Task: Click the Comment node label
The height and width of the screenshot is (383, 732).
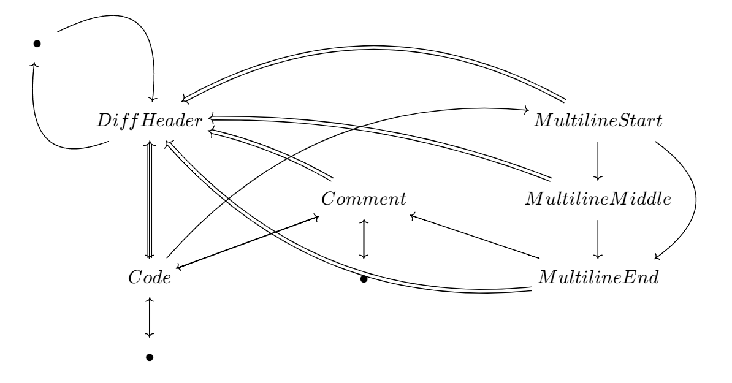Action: [x=364, y=199]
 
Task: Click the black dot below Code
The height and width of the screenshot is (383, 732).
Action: [x=148, y=357]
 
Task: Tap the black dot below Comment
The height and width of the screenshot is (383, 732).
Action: [x=364, y=279]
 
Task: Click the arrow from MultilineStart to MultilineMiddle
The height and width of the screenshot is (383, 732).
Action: [x=598, y=160]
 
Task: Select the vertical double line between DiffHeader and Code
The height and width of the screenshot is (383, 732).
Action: [x=148, y=199]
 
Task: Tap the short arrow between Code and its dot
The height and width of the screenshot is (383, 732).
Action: [x=148, y=317]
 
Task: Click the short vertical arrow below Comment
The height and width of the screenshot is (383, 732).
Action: [x=364, y=238]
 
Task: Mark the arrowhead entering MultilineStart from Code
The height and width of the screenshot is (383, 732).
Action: [x=525, y=110]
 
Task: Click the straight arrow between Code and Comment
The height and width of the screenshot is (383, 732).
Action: [x=245, y=241]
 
